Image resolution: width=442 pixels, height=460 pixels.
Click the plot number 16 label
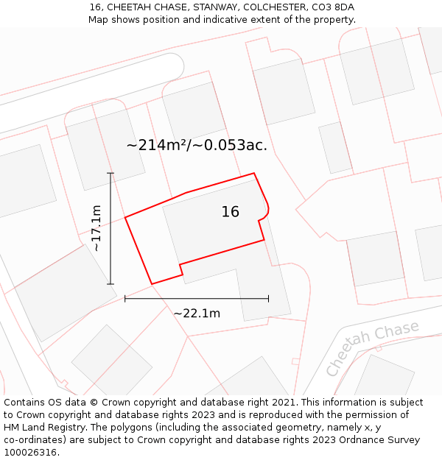click(x=230, y=212)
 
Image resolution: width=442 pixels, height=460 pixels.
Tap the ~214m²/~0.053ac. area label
click(x=197, y=145)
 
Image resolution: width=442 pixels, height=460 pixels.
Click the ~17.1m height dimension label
click(x=97, y=229)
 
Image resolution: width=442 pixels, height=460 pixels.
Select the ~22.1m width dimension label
click(x=197, y=314)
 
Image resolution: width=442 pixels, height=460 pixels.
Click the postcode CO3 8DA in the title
click(x=334, y=7)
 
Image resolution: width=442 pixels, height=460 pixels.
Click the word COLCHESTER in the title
click(x=274, y=7)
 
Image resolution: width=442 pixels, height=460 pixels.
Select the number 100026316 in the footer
click(x=30, y=452)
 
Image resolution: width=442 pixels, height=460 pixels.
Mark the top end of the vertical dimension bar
click(x=110, y=174)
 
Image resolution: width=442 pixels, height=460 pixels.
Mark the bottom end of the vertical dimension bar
click(x=110, y=284)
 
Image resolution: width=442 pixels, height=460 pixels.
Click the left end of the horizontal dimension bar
click(x=125, y=298)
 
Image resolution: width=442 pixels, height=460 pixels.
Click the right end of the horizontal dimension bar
click(x=268, y=298)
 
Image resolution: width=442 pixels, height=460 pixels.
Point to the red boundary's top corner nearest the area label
click(x=254, y=174)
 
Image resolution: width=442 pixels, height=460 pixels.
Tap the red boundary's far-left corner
click(x=125, y=217)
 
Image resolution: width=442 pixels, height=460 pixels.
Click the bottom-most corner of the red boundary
click(x=152, y=284)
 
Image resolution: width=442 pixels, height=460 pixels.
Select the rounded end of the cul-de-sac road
click(x=175, y=64)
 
